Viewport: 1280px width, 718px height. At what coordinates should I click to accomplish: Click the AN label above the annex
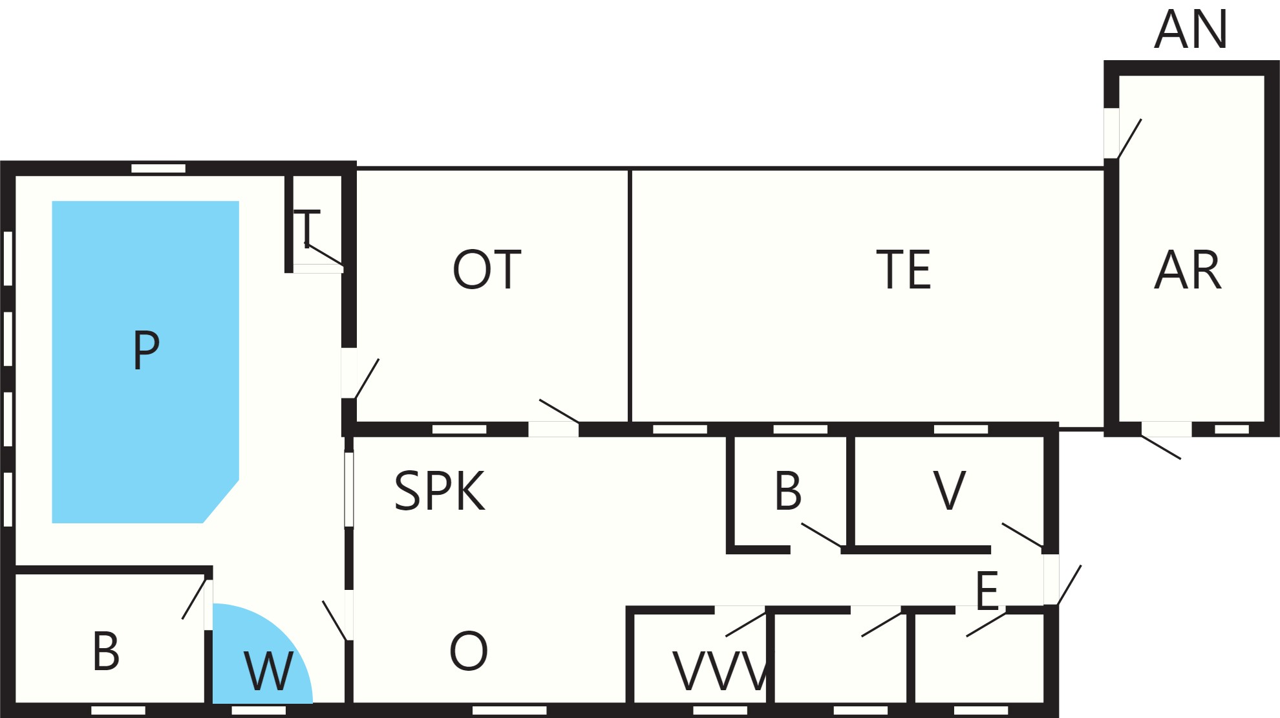1191,30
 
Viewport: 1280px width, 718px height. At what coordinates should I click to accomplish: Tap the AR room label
1188,270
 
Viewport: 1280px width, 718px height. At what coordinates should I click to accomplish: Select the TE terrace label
904,270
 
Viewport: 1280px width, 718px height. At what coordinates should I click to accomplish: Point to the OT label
487,270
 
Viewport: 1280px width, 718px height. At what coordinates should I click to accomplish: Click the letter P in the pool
146,350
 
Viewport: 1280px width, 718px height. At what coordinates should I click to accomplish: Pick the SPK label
440,492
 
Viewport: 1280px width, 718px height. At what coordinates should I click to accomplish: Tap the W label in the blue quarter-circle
269,671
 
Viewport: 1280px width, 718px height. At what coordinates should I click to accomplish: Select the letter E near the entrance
987,591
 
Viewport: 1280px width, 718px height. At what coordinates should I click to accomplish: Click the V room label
950,492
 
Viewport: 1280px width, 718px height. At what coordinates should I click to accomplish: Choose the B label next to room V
788,492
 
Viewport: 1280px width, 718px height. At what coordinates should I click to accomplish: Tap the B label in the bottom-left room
106,651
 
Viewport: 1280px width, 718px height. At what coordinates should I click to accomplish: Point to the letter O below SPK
469,651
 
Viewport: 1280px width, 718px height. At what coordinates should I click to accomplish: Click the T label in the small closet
307,228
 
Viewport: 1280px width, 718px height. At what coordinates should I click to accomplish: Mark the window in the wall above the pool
158,168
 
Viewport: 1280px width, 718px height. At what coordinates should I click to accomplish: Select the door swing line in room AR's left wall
1129,138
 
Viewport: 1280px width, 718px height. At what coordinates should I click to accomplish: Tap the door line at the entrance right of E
1069,585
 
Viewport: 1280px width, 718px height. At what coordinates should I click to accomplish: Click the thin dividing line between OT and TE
629,296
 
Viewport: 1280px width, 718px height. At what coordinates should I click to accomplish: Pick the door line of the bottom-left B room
195,599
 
